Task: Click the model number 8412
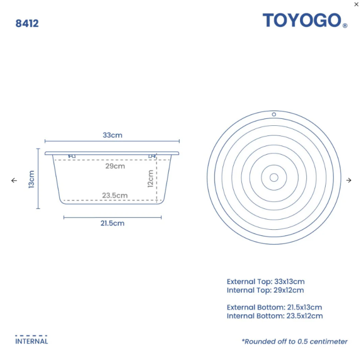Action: coord(27,23)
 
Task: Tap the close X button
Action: coord(357,4)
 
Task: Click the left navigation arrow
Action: coord(14,180)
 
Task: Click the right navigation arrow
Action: coord(349,180)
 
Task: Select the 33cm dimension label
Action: coord(112,135)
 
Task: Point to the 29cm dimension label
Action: coord(115,166)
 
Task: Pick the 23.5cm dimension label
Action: coord(115,195)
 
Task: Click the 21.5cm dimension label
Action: coord(112,223)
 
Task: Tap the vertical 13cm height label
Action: coord(31,179)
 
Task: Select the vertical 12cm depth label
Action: coord(151,178)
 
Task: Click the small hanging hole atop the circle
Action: coord(274,114)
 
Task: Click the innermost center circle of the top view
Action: coord(274,178)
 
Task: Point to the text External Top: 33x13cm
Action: coord(265,281)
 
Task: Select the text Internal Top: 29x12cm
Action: coord(265,290)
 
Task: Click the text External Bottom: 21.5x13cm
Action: coord(274,307)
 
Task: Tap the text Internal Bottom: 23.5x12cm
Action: coord(274,316)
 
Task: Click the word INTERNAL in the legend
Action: coord(31,341)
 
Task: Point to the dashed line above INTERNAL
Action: coord(31,335)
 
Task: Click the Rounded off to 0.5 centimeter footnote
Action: coord(294,341)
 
